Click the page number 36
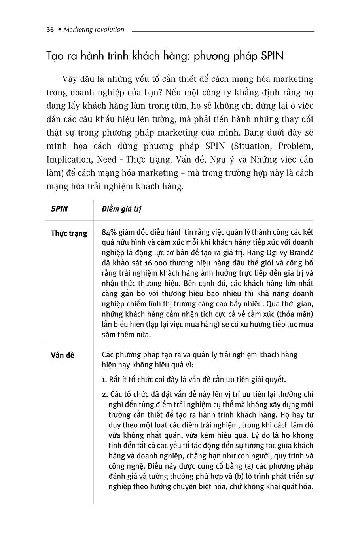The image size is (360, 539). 50,30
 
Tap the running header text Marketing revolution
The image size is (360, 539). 94,30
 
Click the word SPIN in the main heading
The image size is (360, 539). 273,56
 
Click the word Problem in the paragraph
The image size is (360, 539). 296,146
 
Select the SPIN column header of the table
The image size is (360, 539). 59,209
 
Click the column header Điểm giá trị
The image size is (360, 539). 121,209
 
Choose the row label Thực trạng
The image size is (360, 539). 69,233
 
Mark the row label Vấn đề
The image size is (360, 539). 63,355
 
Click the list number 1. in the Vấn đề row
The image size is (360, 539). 104,380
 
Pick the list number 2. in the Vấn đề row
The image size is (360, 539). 105,394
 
